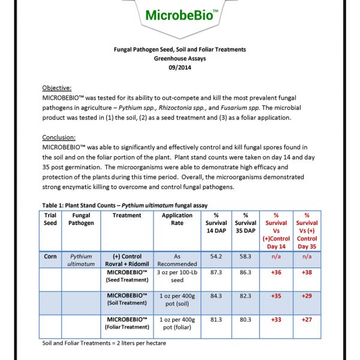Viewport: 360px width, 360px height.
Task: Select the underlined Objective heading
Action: [x=58, y=88]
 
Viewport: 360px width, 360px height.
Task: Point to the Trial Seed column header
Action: [x=50, y=219]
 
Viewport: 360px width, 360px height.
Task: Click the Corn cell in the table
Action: [x=50, y=256]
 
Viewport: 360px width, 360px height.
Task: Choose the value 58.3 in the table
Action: [x=245, y=256]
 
